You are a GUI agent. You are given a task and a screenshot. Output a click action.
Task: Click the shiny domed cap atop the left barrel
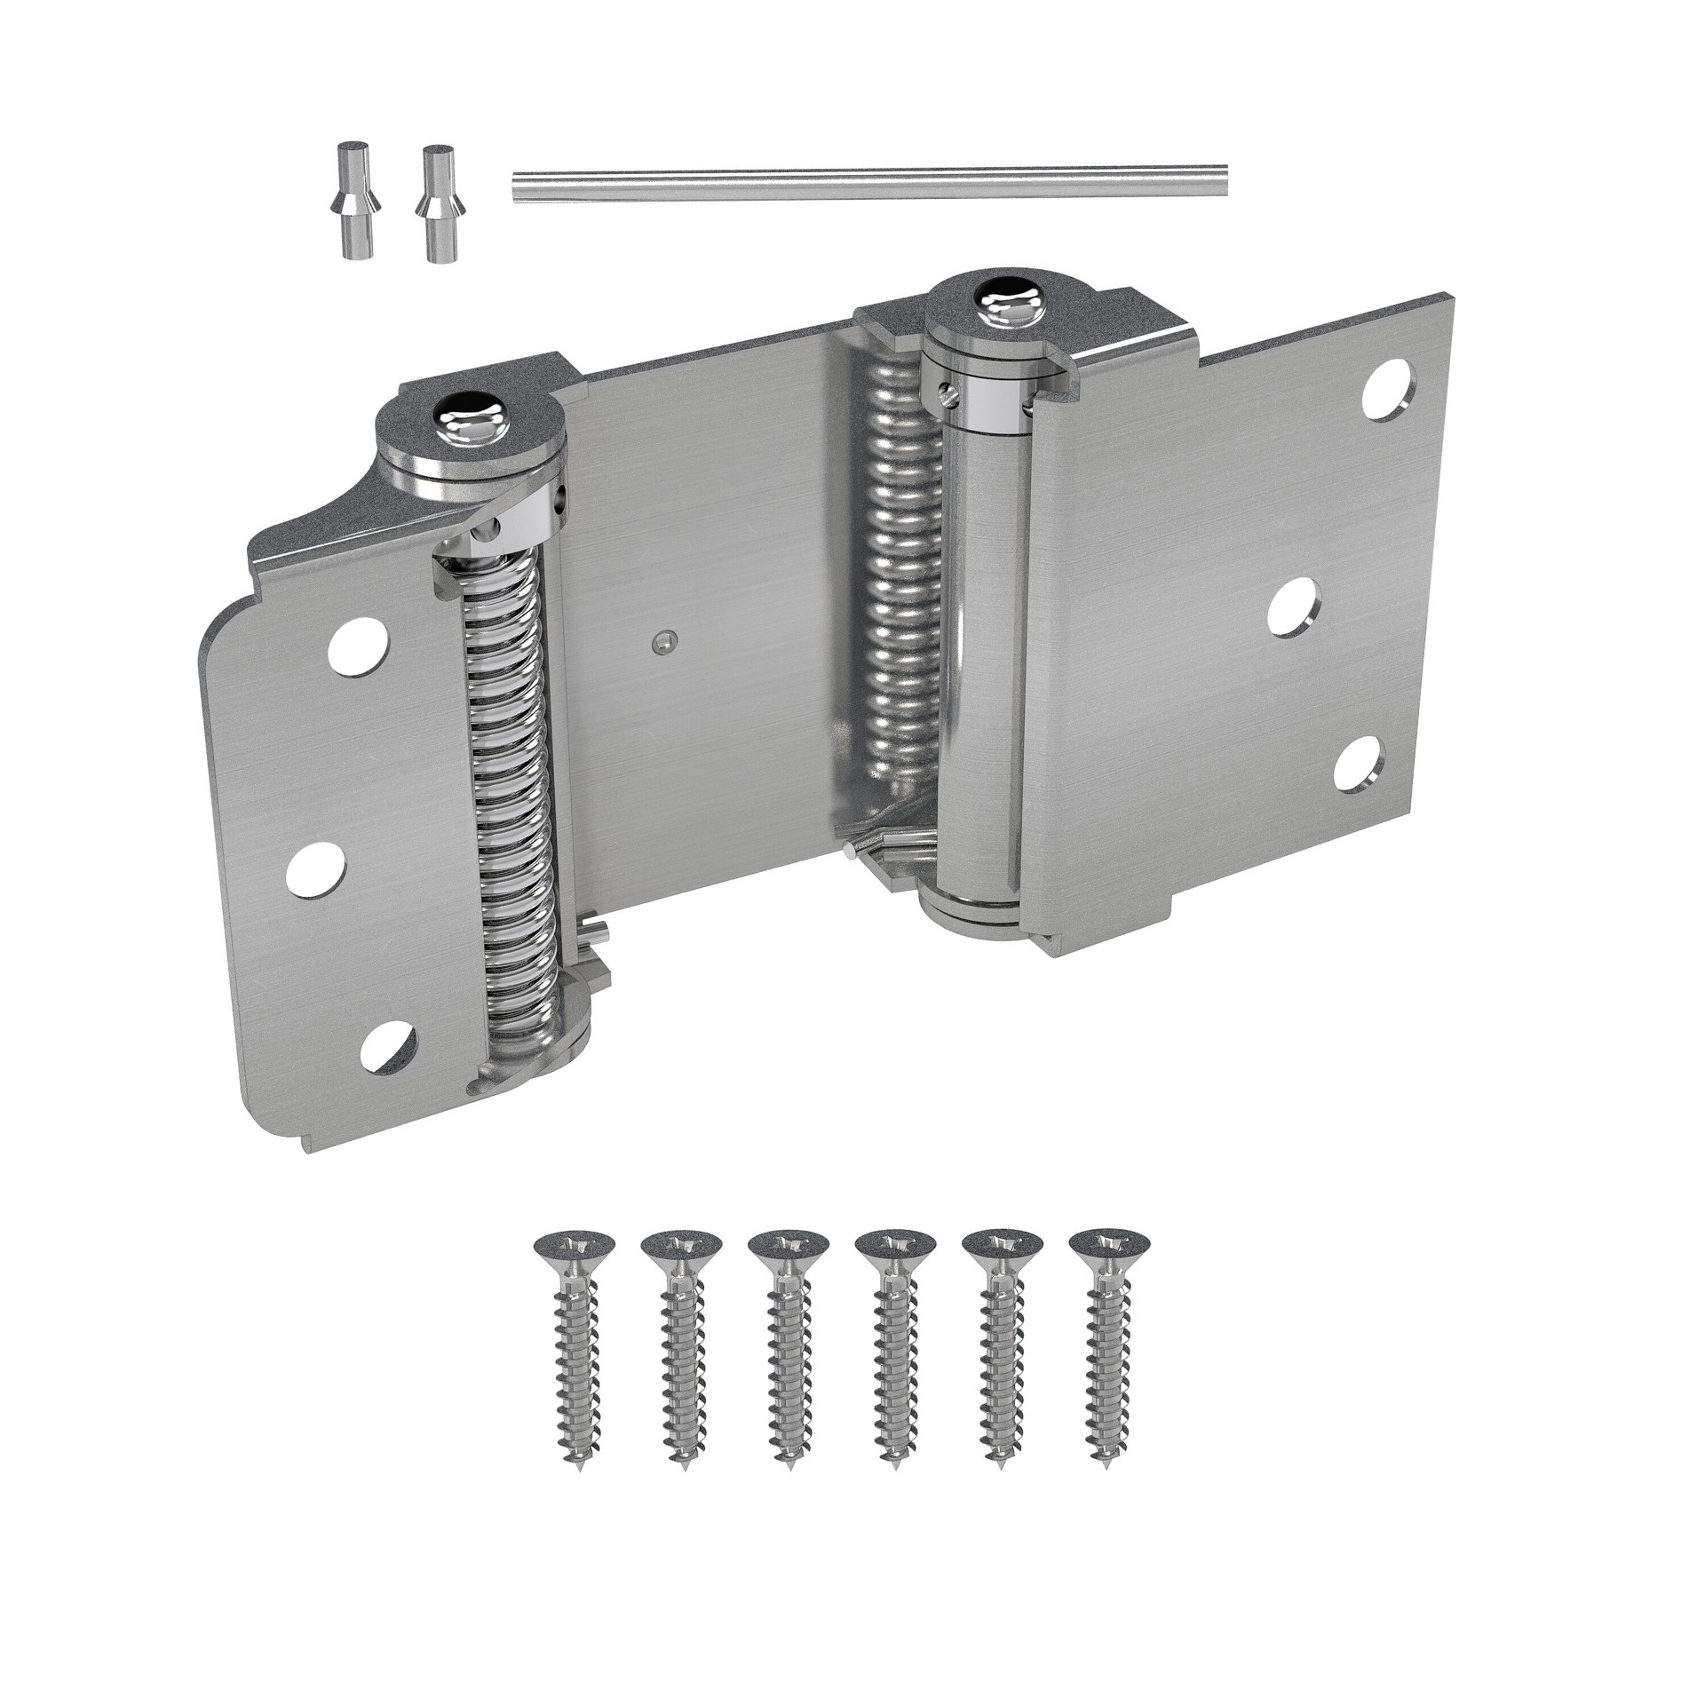[471, 431]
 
